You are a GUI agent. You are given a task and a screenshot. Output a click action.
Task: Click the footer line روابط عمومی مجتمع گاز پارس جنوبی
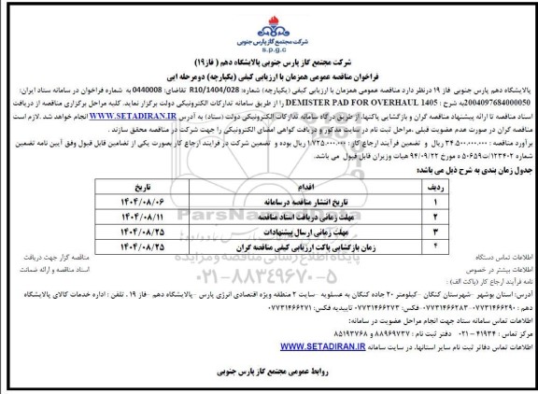[271, 377]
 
